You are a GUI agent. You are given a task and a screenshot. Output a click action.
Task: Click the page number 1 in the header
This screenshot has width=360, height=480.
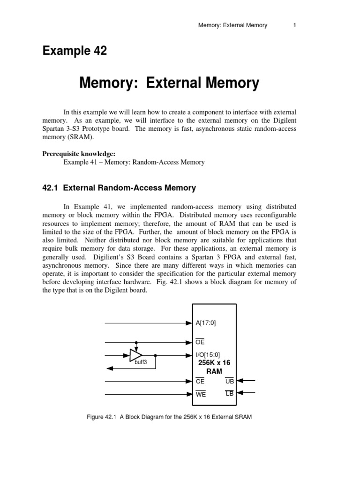(x=294, y=25)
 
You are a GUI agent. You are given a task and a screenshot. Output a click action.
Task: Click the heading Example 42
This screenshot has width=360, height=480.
(x=75, y=51)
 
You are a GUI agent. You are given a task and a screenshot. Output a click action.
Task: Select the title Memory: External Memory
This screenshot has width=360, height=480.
(x=169, y=83)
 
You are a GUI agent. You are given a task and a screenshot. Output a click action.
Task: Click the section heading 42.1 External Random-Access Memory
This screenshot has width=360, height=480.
(x=119, y=188)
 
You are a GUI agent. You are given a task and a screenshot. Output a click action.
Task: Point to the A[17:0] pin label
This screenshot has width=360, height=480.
(x=206, y=323)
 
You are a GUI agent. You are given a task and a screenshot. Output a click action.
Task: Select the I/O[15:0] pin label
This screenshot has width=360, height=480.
(x=208, y=355)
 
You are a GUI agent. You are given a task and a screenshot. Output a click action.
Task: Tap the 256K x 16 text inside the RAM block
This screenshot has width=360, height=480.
(x=215, y=362)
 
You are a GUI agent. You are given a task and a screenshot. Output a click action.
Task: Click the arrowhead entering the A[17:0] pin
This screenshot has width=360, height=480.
(x=190, y=323)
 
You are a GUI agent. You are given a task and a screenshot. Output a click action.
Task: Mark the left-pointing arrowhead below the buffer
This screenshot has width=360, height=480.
(x=107, y=368)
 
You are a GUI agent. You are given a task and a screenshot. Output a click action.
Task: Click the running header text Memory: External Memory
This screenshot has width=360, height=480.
(x=232, y=25)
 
